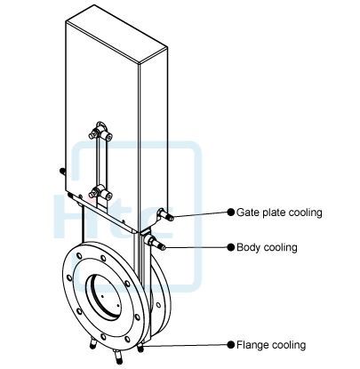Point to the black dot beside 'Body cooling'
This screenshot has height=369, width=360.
point(228,246)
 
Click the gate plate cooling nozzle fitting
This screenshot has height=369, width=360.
point(164,214)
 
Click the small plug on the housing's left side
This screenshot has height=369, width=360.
point(60,170)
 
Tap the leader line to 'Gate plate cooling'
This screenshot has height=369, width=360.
point(200,213)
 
